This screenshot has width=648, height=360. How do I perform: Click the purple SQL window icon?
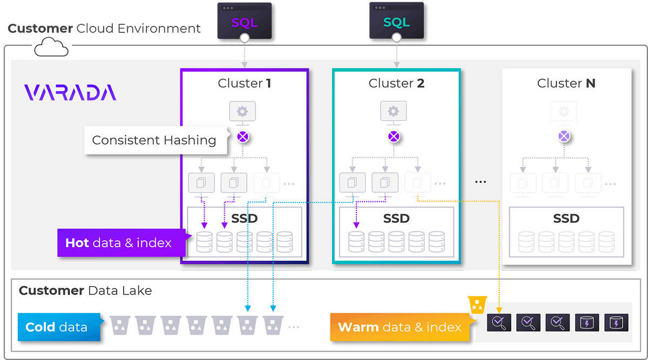point(244,21)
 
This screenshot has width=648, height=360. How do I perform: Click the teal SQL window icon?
point(396,21)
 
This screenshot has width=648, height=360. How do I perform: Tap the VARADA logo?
point(70,92)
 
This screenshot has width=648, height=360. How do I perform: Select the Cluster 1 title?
point(244,83)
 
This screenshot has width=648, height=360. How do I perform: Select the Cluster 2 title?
point(396,83)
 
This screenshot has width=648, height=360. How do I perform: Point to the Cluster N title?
point(566,83)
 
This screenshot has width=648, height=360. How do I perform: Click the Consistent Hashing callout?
point(154,140)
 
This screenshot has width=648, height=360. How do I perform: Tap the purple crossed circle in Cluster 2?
point(394,137)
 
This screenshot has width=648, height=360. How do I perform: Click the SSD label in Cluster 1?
point(244,219)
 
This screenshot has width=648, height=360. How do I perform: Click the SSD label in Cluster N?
point(566,219)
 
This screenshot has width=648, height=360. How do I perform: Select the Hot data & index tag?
point(119,243)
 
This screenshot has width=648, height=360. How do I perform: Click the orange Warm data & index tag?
point(400,327)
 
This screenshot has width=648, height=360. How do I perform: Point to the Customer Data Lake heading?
point(85,291)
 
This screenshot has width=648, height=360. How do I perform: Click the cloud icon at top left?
point(51,49)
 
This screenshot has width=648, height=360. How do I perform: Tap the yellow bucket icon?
point(476,305)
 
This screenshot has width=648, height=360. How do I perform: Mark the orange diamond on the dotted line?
point(499,275)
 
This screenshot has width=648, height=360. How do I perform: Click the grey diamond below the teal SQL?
point(396,53)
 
